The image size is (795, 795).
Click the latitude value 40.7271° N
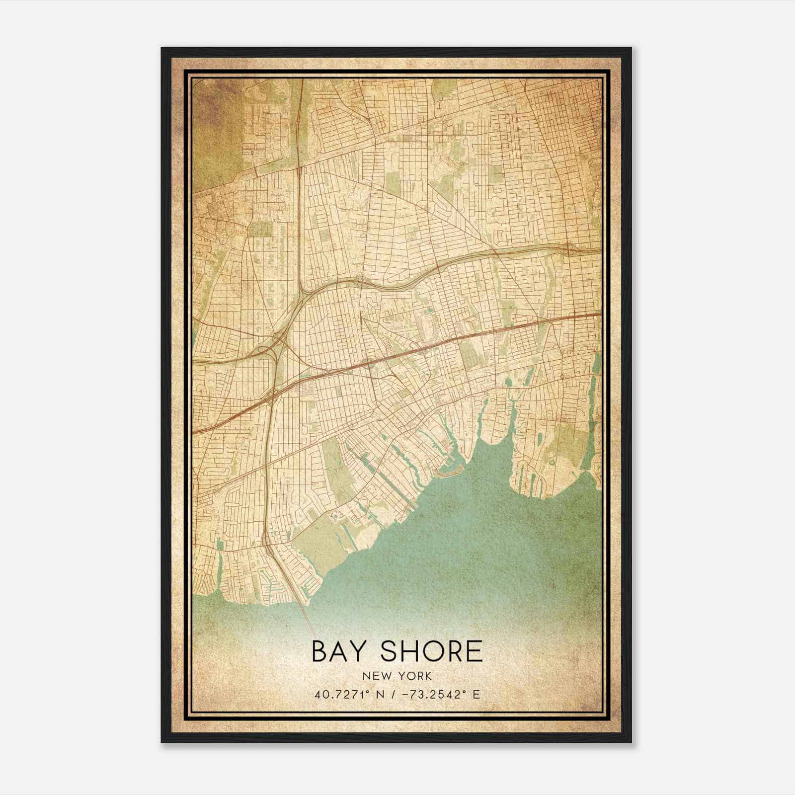point(346,694)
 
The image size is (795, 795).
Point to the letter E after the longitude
point(476,694)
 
